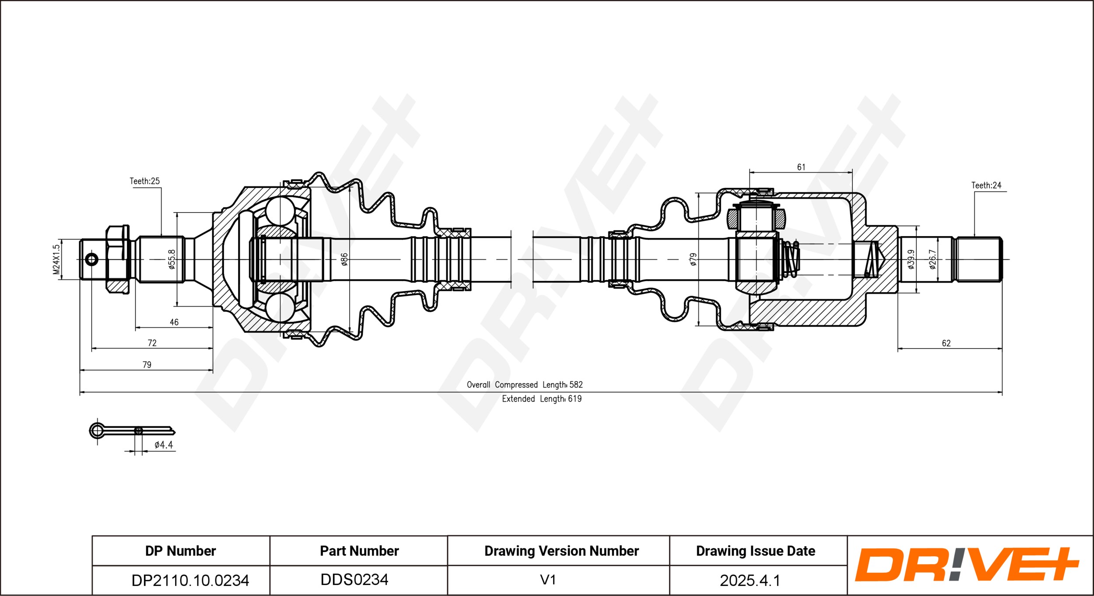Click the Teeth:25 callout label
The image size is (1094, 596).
[x=144, y=181]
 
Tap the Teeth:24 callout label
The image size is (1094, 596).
[x=986, y=185]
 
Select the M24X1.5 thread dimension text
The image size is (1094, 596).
[x=56, y=259]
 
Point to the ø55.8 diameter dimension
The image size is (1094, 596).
[x=172, y=259]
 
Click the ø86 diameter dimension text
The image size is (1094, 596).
[x=344, y=259]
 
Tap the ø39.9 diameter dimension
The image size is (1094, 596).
[x=911, y=259]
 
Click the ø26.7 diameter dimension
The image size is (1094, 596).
[x=933, y=259]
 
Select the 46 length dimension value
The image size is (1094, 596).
[x=174, y=322]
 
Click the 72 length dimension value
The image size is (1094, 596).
[x=152, y=343]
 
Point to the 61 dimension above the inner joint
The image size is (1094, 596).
[x=801, y=167]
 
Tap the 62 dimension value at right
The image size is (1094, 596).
[x=946, y=343]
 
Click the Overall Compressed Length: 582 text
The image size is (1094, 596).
[x=525, y=385]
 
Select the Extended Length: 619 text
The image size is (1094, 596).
[x=542, y=399]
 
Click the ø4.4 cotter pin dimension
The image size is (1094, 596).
[x=164, y=445]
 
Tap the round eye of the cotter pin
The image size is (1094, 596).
[x=97, y=431]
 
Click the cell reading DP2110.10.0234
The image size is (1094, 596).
[x=190, y=580]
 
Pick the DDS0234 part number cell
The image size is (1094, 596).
[x=354, y=580]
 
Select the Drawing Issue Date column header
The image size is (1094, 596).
[x=756, y=551]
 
